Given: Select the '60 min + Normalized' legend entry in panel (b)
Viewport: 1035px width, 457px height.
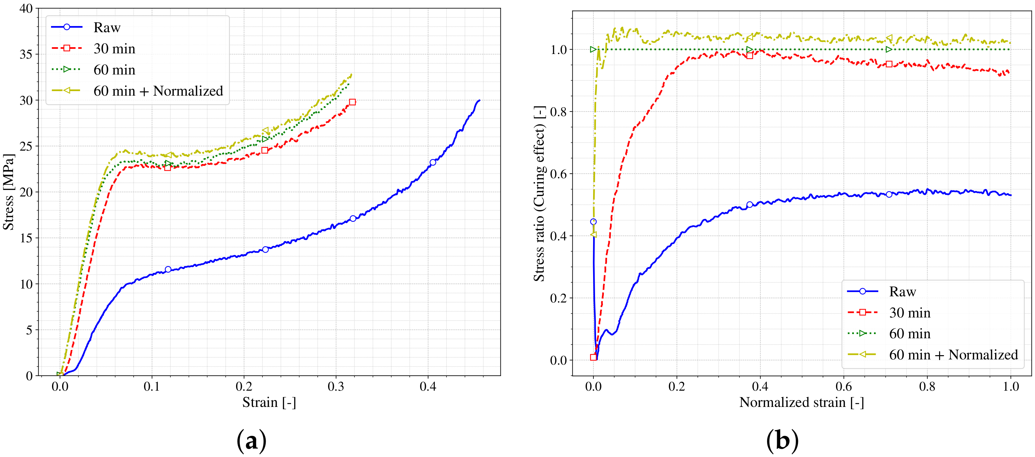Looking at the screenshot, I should coord(953,355).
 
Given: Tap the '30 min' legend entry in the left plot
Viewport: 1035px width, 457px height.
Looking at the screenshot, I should coord(114,49).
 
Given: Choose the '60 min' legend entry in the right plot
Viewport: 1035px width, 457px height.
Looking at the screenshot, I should coord(909,334).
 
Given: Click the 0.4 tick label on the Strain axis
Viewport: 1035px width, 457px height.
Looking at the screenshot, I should coord(428,387).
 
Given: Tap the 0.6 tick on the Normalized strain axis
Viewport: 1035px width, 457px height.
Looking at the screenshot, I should coord(844,387).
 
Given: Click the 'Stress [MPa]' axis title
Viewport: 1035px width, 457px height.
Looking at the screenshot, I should coord(9,192).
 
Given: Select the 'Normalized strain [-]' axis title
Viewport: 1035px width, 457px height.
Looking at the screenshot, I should coord(801,402).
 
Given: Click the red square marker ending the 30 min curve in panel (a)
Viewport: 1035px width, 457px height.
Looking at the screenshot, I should coord(352,102).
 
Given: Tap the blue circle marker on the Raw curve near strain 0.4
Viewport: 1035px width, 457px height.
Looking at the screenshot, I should coord(433,162).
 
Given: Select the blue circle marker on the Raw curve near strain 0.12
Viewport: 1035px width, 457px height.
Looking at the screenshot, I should coord(168,269).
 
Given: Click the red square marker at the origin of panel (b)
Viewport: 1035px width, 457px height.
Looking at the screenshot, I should coord(593,357).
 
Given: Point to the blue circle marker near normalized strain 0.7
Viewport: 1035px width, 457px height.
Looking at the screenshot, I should coord(889,194).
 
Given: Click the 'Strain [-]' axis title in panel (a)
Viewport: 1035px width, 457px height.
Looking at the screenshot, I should coord(269,402).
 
